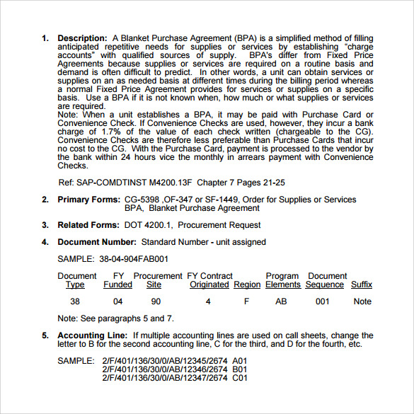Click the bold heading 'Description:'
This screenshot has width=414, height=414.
pyautogui.click(x=81, y=38)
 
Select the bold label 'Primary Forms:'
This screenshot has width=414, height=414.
pyautogui.click(x=89, y=200)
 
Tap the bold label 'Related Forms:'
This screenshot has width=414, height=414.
pyautogui.click(x=88, y=225)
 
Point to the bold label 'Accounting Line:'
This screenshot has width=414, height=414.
pyautogui.click(x=93, y=335)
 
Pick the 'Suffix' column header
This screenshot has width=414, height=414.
pyautogui.click(x=362, y=284)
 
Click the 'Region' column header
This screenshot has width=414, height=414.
pyautogui.click(x=247, y=284)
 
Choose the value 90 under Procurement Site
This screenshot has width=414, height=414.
pyautogui.click(x=156, y=301)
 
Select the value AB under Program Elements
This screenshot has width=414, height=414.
pyautogui.click(x=281, y=301)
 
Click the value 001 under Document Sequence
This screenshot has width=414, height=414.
pyautogui.click(x=323, y=301)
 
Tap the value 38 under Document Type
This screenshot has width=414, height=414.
pyautogui.click(x=76, y=301)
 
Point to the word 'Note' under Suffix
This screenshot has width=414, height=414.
pyautogui.click(x=362, y=301)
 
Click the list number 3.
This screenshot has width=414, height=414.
pyautogui.click(x=45, y=225)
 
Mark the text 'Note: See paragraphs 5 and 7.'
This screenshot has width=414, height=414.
pyautogui.click(x=115, y=318)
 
